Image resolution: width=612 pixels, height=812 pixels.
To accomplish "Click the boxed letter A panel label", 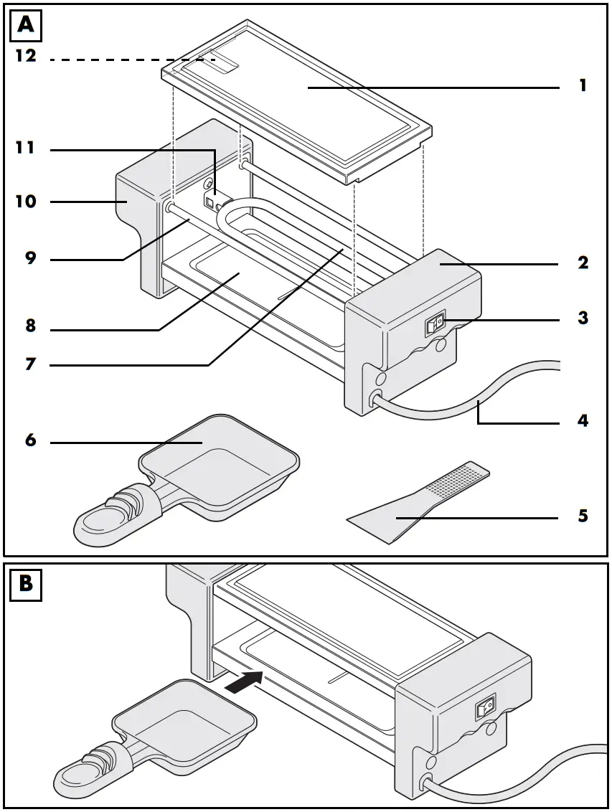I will [x=26, y=26].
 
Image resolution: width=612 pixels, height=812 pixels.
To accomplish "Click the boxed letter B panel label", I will [x=26, y=584].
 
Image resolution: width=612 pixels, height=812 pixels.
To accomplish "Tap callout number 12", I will [x=27, y=55].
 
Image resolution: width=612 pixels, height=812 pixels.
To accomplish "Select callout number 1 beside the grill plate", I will [x=583, y=85].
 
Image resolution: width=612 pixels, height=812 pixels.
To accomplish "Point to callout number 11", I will [x=27, y=148].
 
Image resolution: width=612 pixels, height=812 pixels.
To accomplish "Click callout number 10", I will [x=27, y=202].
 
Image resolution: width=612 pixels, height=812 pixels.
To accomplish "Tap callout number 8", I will [x=30, y=326].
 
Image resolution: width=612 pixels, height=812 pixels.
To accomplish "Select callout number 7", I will [x=30, y=364].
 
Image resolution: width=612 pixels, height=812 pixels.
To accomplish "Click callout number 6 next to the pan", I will [x=30, y=440].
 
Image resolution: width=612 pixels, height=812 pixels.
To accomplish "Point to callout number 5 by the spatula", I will [x=583, y=516].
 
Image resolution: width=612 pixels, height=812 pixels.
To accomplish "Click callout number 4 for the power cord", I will [x=583, y=421].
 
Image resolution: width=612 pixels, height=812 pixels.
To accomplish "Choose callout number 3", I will [x=583, y=318].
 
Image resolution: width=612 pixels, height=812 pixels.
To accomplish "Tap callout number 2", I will [x=583, y=263].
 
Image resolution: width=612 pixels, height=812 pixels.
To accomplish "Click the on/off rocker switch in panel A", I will [x=436, y=325].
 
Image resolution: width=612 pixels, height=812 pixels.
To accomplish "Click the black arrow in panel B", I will [x=245, y=682].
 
